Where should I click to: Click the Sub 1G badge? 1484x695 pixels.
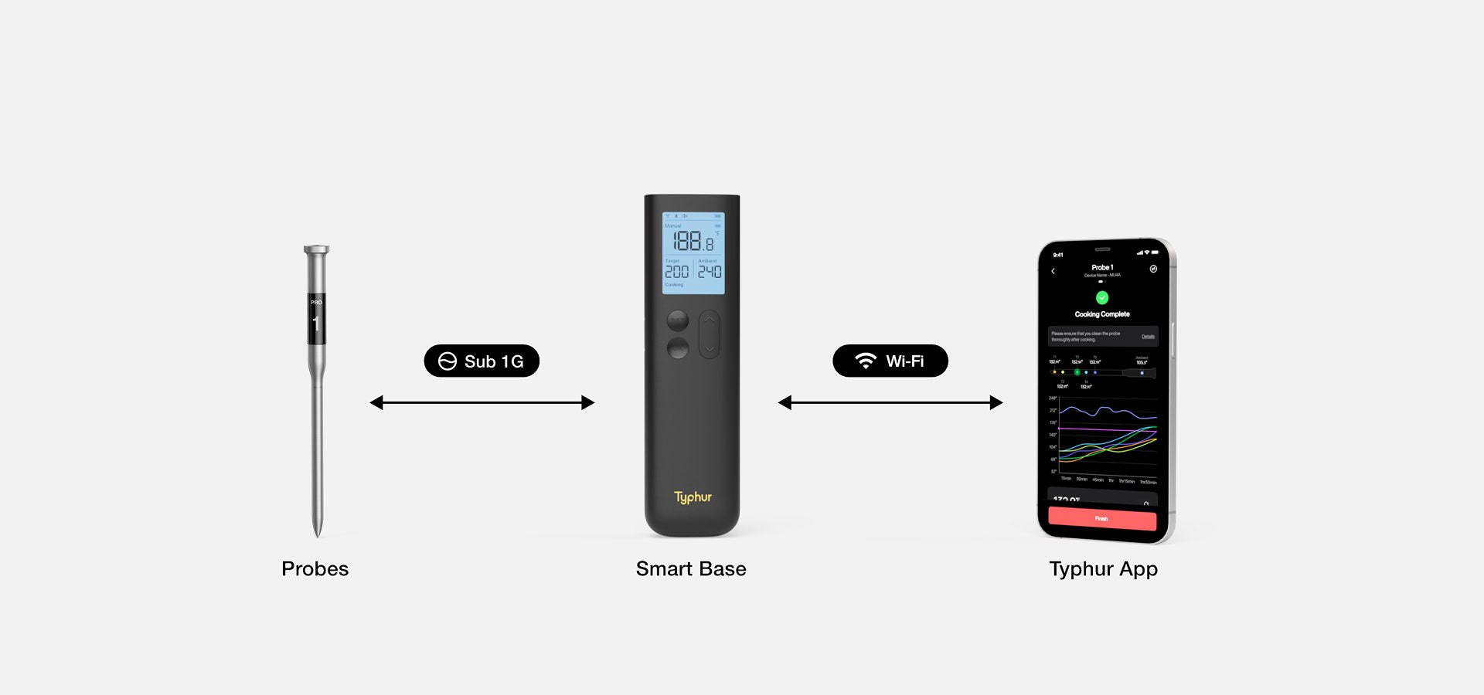482,361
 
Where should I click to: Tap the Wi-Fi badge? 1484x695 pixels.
890,361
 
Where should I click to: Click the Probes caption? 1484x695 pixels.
315,569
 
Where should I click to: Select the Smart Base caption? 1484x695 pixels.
691,569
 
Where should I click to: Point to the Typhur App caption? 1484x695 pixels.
1103,569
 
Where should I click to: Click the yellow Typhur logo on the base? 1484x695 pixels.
693,497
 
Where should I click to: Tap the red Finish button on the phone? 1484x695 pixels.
1102,518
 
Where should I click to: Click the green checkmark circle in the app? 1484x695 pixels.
1102,297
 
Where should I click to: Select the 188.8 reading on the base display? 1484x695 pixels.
693,241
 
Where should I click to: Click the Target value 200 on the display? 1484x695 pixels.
677,272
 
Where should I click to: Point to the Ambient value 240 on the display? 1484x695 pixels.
710,272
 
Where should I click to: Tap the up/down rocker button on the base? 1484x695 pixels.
710,334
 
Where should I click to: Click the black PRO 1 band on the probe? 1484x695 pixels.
316,318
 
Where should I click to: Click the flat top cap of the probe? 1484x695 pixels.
316,249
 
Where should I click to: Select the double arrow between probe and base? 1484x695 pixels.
482,402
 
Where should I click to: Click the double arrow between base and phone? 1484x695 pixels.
890,402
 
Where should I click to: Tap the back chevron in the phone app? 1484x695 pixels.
1053,271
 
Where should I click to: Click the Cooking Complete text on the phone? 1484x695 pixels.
1102,314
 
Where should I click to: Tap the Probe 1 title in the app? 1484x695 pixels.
1102,267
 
